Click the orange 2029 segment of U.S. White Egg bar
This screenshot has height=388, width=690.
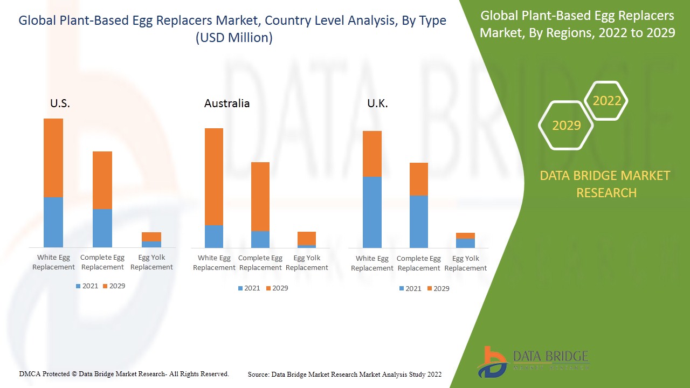(53, 157)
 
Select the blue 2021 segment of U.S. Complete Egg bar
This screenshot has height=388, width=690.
(102, 228)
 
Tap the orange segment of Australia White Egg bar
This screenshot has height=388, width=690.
(214, 176)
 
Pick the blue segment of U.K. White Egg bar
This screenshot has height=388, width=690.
(372, 212)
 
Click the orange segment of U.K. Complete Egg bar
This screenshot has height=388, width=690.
(419, 179)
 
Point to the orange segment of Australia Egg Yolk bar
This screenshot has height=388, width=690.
(307, 238)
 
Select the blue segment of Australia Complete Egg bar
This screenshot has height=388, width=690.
(260, 239)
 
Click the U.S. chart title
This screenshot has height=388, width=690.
(60, 103)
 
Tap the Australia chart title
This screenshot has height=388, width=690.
(227, 103)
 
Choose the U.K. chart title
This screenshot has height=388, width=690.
(377, 103)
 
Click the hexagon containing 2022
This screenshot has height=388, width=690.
(606, 101)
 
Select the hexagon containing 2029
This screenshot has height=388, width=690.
(566, 126)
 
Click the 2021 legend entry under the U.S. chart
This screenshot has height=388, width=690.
(87, 286)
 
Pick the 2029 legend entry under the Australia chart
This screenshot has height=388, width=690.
(277, 288)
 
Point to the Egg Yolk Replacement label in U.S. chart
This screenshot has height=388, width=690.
(151, 262)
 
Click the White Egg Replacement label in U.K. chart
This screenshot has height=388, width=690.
(372, 263)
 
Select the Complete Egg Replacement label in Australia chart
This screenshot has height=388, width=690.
(260, 263)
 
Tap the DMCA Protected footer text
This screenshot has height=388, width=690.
(124, 374)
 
